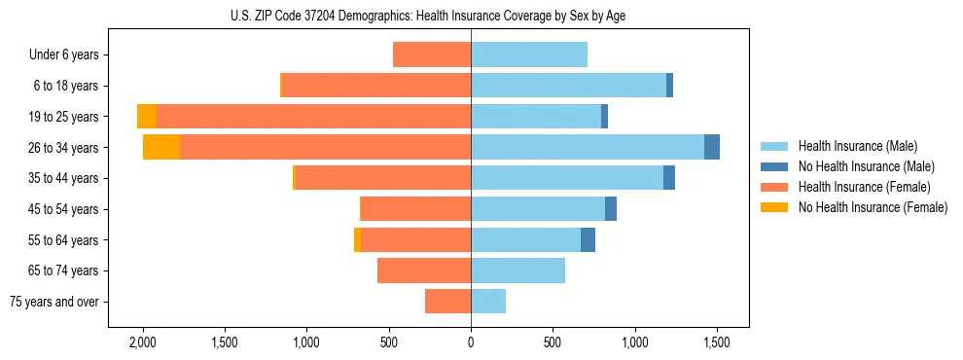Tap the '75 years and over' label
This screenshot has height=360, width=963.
pyautogui.click(x=54, y=302)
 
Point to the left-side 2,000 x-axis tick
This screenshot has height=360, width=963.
pyautogui.click(x=143, y=342)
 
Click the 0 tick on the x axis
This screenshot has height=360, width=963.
pyautogui.click(x=471, y=342)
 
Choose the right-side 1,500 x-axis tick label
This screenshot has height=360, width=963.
pyautogui.click(x=717, y=342)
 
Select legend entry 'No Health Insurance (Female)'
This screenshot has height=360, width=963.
pyautogui.click(x=873, y=207)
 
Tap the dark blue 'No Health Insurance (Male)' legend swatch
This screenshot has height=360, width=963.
pyautogui.click(x=775, y=166)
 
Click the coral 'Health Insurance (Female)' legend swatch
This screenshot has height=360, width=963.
pyautogui.click(x=775, y=187)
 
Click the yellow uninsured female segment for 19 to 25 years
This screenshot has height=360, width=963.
pyautogui.click(x=147, y=117)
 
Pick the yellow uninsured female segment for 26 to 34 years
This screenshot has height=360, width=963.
pyautogui.click(x=161, y=147)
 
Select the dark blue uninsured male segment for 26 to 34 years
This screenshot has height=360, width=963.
pyautogui.click(x=712, y=147)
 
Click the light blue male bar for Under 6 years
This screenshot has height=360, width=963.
pyautogui.click(x=529, y=55)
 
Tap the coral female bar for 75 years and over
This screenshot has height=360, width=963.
pyautogui.click(x=447, y=302)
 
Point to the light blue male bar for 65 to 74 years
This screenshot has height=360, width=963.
pyautogui.click(x=517, y=270)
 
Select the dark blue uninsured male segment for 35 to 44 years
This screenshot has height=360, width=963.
pyautogui.click(x=669, y=178)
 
